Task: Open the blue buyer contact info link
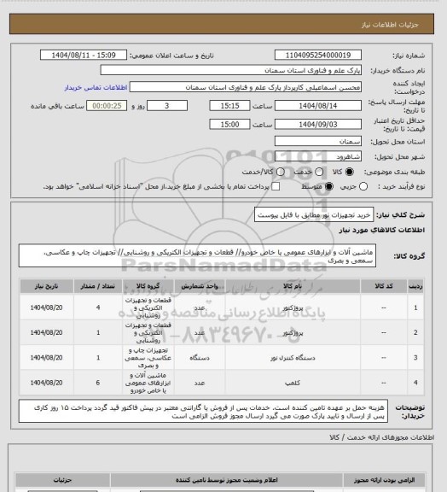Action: (95, 87)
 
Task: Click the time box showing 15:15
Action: (228, 107)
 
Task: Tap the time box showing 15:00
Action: (228, 123)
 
